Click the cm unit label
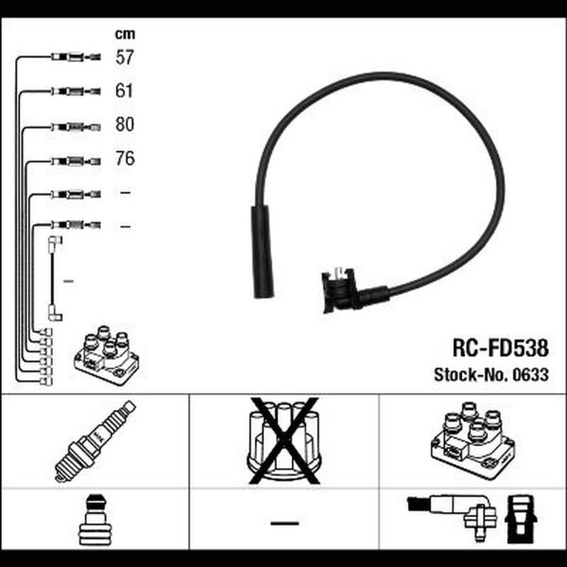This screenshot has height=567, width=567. tap(125, 34)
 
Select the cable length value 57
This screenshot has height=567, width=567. tap(125, 58)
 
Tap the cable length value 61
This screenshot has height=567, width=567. tap(124, 91)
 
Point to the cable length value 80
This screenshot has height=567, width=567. tap(125, 124)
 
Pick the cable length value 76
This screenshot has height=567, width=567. tap(125, 159)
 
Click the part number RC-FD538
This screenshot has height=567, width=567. tap(501, 348)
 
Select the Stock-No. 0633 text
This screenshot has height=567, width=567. tap(491, 374)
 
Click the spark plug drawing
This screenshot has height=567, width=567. tap(94, 440)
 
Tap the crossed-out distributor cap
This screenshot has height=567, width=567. tap(284, 440)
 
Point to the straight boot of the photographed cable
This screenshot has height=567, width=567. tap(262, 252)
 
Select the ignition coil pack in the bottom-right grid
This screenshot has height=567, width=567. tap(472, 440)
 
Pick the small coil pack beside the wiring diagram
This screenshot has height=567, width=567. tap(107, 355)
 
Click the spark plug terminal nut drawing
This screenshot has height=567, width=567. tap(94, 520)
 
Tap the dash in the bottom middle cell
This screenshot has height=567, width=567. tap(284, 523)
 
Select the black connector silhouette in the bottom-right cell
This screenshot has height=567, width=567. tap(521, 519)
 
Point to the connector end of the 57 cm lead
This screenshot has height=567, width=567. tap(76, 57)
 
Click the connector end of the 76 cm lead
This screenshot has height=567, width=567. tap(76, 162)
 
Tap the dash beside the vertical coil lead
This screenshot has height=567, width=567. tap(68, 281)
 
